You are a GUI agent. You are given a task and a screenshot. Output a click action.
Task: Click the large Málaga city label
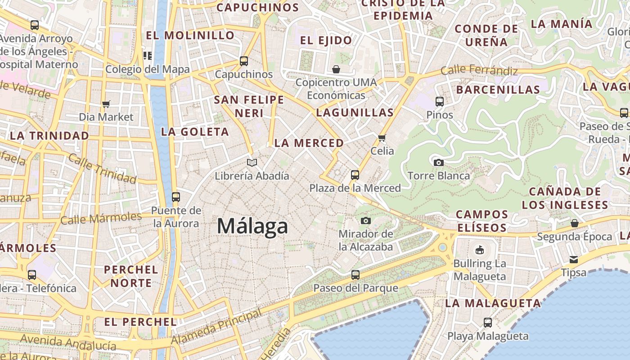coord(252,226)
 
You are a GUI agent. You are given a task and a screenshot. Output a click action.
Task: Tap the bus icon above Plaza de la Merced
coord(355,175)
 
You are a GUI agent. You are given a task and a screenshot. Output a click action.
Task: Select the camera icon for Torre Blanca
coord(438,162)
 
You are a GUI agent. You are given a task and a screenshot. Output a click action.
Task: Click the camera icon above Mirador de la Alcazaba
coord(366,220)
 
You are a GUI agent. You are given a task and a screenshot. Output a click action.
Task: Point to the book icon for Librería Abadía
coord(252,162)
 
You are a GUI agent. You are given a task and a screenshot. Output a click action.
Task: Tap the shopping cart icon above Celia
coord(382,138)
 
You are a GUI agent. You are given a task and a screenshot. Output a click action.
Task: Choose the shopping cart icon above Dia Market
coord(106,104)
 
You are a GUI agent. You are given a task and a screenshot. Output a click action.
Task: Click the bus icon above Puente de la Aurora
coord(175,197)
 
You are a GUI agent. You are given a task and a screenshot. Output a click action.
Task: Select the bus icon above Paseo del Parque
coord(355,274)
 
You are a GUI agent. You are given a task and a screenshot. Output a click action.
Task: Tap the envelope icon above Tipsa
coord(574,259)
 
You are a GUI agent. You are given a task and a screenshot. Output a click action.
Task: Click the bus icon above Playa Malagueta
coord(488,323)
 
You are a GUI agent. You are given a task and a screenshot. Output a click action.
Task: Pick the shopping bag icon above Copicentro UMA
coord(336,69)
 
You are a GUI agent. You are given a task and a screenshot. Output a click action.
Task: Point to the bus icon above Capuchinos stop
coord(244,61)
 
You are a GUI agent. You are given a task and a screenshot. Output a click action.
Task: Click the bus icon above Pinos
coord(440,102)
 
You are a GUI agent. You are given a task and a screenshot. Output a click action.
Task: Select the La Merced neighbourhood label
coord(309,143)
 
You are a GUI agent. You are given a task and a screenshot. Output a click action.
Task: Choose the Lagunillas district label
coord(355,112)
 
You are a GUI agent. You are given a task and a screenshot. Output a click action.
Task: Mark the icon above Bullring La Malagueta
coord(480,250)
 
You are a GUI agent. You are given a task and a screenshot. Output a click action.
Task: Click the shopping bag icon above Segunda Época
coord(575,223)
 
